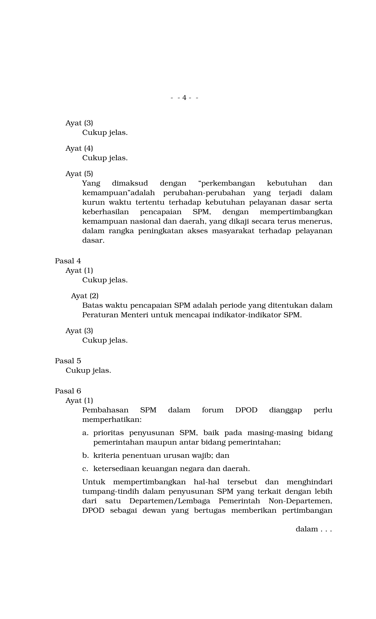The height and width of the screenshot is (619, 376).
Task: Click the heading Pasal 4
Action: tap(68, 261)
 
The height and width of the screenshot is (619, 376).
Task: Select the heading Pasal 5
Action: tap(68, 361)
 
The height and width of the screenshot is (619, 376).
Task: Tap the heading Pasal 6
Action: tap(68, 391)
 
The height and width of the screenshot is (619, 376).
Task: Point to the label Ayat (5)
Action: tap(79, 174)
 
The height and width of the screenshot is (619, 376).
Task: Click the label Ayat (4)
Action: tap(79, 148)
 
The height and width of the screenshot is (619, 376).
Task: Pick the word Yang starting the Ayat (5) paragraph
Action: tap(91, 183)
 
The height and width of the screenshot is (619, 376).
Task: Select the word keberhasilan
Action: tap(105, 212)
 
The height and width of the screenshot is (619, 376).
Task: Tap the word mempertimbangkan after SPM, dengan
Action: tap(296, 212)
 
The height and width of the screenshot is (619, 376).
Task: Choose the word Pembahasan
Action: tap(105, 410)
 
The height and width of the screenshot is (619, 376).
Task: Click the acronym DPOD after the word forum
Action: tap(246, 410)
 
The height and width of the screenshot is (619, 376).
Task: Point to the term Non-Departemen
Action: tap(300, 501)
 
